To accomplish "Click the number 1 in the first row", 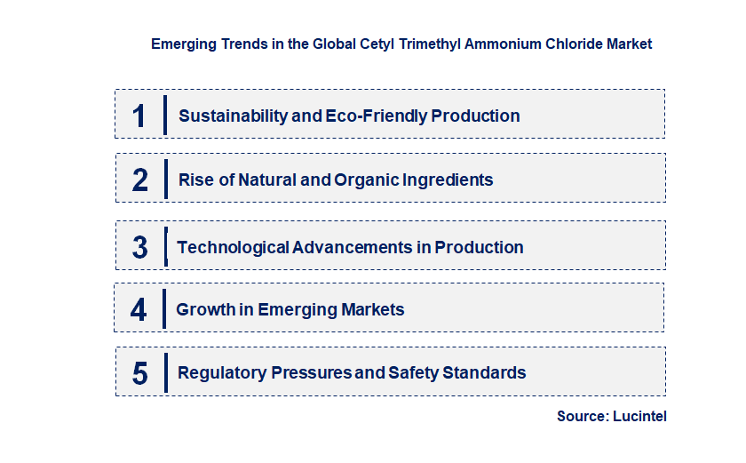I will [x=139, y=116].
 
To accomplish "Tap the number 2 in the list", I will [x=140, y=180].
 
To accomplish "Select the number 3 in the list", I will [x=140, y=248].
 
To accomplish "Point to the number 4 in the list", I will [x=139, y=310].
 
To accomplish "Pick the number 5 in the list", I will [x=140, y=373].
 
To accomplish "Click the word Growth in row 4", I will [x=202, y=310].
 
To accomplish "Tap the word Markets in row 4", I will [x=372, y=310].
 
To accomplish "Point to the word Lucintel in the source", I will [x=639, y=416].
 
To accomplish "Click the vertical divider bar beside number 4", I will [x=164, y=309].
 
